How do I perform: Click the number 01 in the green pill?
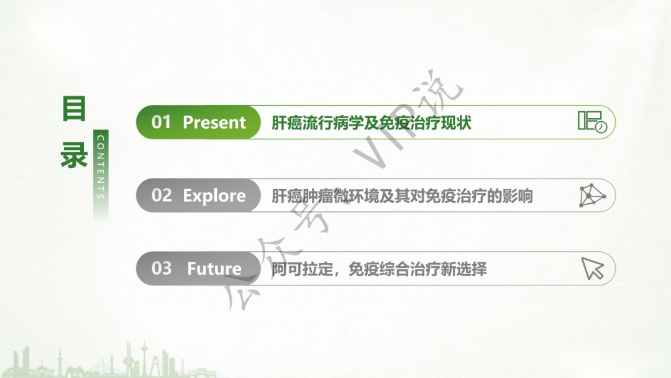pos(161,122)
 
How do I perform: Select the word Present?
pos(214,122)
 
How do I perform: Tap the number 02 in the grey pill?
pos(162,196)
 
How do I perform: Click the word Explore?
pos(214,196)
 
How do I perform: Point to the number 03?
pos(162,269)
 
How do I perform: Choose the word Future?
pos(214,269)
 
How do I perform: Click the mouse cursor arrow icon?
pos(593,268)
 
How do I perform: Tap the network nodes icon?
pos(592,196)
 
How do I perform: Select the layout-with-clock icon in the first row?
pos(592,122)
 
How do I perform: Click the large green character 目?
pos(74,109)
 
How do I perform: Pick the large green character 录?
pos(74,155)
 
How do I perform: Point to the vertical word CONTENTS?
pos(101,167)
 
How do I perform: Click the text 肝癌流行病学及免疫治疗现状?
pos(372,123)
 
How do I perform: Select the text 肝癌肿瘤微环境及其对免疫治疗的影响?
pos(402,196)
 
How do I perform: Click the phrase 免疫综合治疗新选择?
pos(418,269)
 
